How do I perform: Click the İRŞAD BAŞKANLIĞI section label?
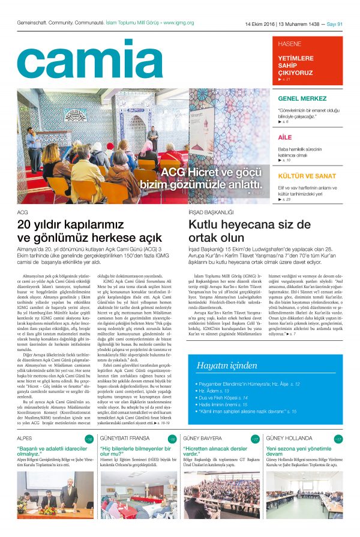pos(211,212)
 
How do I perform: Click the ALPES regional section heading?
pos(25,439)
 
